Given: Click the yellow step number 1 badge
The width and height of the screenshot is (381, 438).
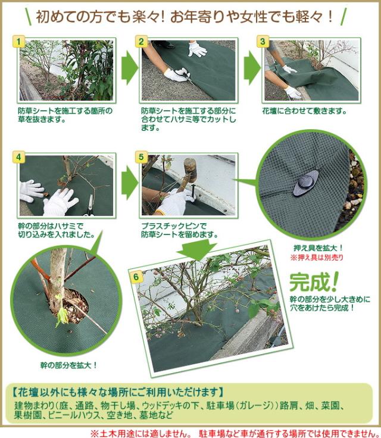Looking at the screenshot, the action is [x=18, y=41].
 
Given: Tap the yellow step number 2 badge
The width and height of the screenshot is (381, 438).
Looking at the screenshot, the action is [x=141, y=41].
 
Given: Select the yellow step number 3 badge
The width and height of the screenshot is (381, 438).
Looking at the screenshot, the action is [x=263, y=41].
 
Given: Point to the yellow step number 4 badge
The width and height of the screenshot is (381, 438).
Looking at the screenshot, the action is [x=18, y=157].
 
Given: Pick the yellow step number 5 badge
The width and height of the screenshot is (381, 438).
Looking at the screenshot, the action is [x=141, y=157].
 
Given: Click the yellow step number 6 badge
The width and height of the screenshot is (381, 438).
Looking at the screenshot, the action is [x=136, y=277].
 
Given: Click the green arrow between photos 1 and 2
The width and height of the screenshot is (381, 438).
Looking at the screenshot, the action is [x=129, y=67].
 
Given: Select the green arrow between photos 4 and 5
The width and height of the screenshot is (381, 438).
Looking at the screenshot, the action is [x=129, y=183].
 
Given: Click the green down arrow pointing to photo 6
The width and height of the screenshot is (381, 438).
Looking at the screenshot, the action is [x=196, y=250].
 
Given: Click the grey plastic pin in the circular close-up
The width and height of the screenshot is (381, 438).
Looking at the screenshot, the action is [x=306, y=183].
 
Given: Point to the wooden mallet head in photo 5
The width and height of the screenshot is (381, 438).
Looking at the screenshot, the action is [x=190, y=170].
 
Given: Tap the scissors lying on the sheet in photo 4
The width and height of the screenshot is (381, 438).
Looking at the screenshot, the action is [x=90, y=205].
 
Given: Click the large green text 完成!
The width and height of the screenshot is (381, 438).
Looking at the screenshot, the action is [x=314, y=282].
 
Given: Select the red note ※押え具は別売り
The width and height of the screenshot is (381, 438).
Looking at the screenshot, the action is [x=317, y=257].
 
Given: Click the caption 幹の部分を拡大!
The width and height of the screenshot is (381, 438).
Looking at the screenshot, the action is [x=68, y=365].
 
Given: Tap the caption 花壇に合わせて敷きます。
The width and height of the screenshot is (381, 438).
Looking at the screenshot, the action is [x=304, y=111].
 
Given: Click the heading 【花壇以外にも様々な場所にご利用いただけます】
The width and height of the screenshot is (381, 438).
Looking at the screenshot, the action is [x=118, y=392].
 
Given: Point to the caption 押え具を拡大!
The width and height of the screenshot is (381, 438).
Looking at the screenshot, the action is [x=318, y=248].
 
